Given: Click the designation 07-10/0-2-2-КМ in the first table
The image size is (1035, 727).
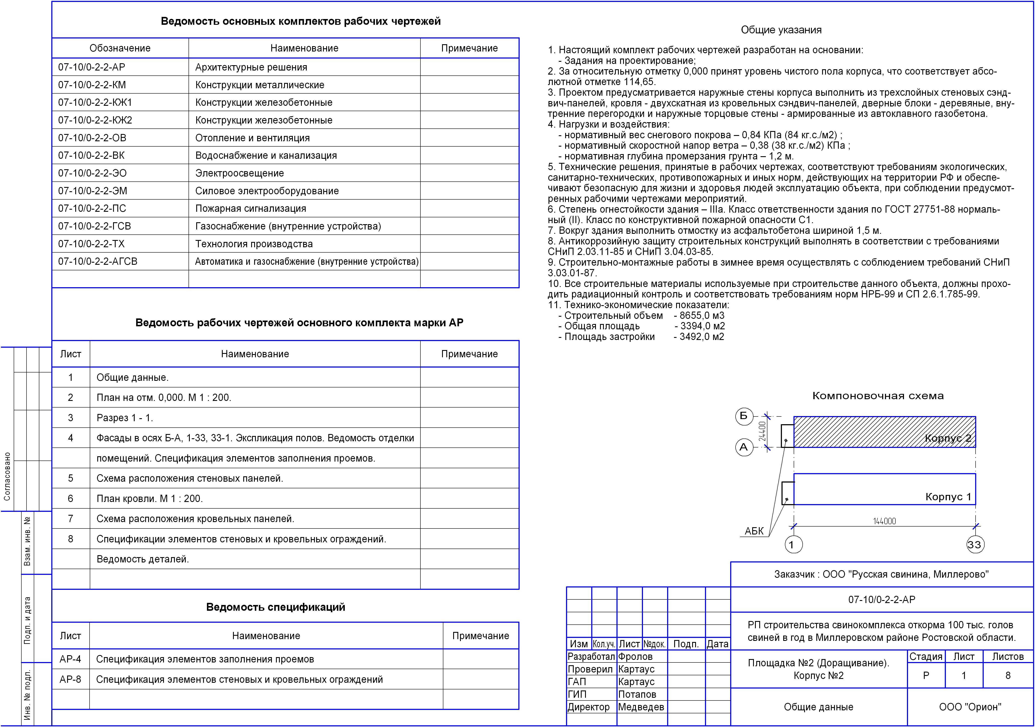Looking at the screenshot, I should coord(92,85).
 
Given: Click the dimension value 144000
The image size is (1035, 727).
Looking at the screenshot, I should coord(885,521).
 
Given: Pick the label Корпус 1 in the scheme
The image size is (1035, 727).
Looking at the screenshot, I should coord(948,497).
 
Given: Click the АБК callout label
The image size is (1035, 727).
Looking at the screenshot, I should coord(754,531).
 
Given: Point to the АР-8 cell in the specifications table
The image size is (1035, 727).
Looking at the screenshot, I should coord(70,679).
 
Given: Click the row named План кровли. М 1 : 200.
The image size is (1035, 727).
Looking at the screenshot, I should coord(150,499).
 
